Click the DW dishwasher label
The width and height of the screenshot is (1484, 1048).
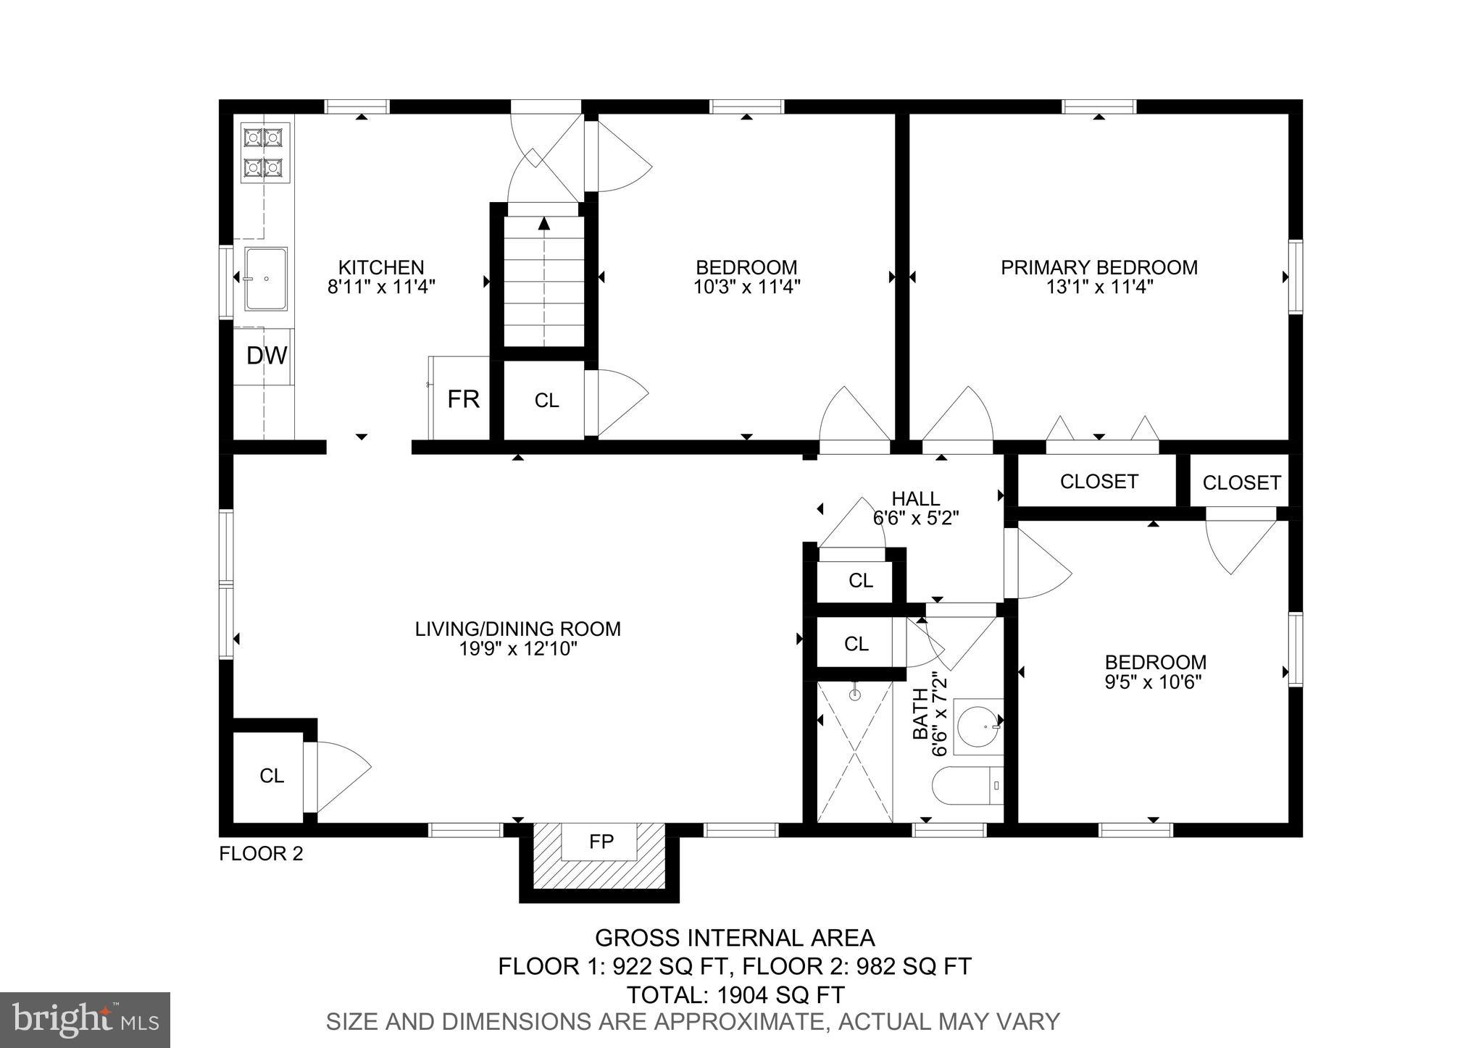(267, 356)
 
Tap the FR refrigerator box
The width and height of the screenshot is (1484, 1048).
(462, 399)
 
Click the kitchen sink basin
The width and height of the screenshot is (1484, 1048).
(266, 278)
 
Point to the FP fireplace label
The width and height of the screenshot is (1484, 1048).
(601, 841)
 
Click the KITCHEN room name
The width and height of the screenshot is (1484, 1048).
(381, 267)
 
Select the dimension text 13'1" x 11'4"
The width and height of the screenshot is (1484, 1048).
(1099, 287)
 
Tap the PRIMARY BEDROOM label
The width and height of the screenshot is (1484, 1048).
(1099, 267)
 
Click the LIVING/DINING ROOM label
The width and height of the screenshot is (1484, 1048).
(517, 629)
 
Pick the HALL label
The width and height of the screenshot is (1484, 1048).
(916, 498)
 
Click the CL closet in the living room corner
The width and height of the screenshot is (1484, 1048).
(271, 776)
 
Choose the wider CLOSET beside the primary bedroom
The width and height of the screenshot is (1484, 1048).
(1098, 482)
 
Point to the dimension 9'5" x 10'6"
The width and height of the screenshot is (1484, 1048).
(1154, 682)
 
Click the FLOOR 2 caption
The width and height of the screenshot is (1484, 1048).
(261, 854)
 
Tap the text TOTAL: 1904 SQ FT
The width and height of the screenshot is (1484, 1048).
(735, 995)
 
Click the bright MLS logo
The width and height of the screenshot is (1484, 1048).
(85, 1020)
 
